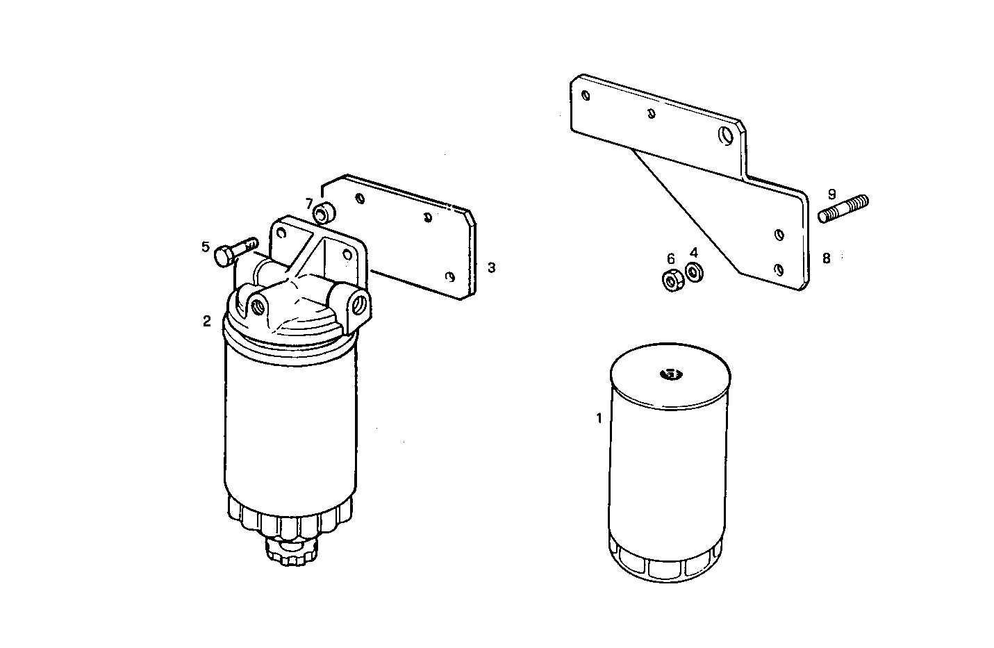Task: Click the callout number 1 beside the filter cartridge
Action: click(x=598, y=418)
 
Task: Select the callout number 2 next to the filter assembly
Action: click(x=206, y=321)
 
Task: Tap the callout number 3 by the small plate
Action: click(x=491, y=267)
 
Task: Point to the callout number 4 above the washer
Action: click(x=693, y=253)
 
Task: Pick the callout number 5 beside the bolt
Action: click(x=206, y=247)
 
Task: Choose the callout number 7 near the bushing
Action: click(x=309, y=203)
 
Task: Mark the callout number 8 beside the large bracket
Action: click(x=826, y=258)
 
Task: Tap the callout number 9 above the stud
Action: click(x=831, y=194)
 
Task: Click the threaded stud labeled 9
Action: click(x=843, y=209)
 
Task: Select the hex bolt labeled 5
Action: click(x=234, y=251)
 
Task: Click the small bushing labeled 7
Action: click(x=324, y=213)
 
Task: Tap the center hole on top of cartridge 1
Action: click(x=671, y=375)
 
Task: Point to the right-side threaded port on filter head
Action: click(x=360, y=304)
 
